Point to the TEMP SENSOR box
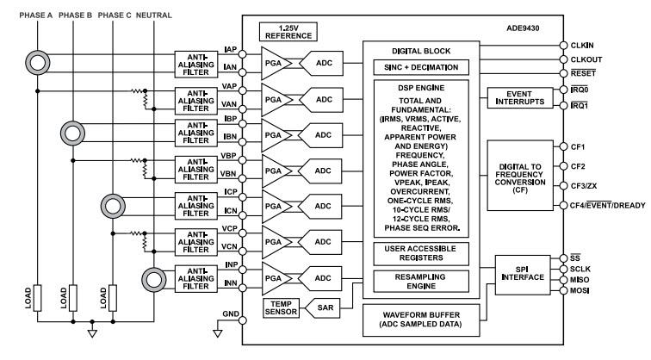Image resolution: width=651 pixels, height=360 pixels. [281, 307]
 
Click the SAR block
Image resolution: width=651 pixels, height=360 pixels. [320, 307]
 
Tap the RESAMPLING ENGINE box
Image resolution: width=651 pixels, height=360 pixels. [420, 281]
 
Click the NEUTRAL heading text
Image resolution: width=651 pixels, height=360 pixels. [155, 15]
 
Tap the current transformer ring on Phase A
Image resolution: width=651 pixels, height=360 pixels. [39, 61]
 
